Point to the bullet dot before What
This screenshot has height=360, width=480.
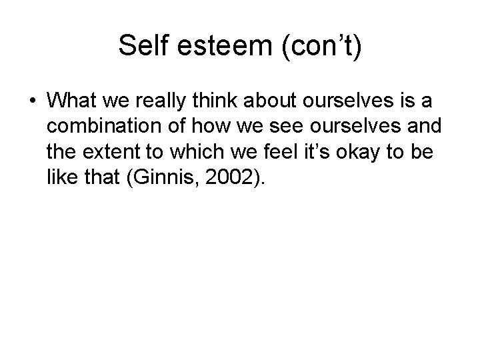32,101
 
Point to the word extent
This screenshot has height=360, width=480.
106,151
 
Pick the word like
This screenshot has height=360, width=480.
61,175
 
